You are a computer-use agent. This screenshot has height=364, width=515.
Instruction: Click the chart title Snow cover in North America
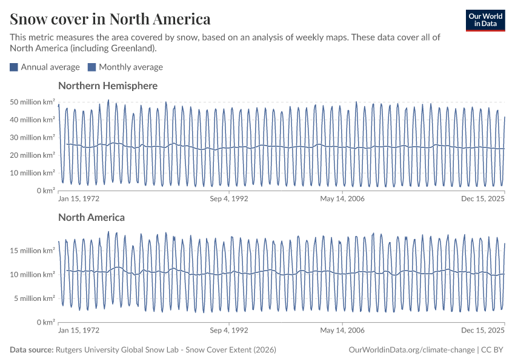(110, 19)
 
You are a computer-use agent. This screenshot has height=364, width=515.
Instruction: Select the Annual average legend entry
(45, 67)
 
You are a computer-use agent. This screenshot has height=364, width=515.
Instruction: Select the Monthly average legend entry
(125, 67)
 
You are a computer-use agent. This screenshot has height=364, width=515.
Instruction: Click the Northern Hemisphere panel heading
(108, 86)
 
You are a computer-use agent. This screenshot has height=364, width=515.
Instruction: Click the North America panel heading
(91, 217)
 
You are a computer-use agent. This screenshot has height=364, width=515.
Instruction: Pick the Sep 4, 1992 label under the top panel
(229, 198)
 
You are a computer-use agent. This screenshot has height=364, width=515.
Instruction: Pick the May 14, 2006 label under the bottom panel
(342, 331)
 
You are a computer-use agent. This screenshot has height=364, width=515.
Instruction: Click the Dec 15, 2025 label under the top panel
(483, 198)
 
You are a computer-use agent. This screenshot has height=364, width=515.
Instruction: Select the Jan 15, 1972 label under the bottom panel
(79, 331)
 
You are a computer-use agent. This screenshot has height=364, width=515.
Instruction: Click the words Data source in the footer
(31, 350)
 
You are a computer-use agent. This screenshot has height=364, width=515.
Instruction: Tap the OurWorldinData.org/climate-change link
(412, 350)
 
